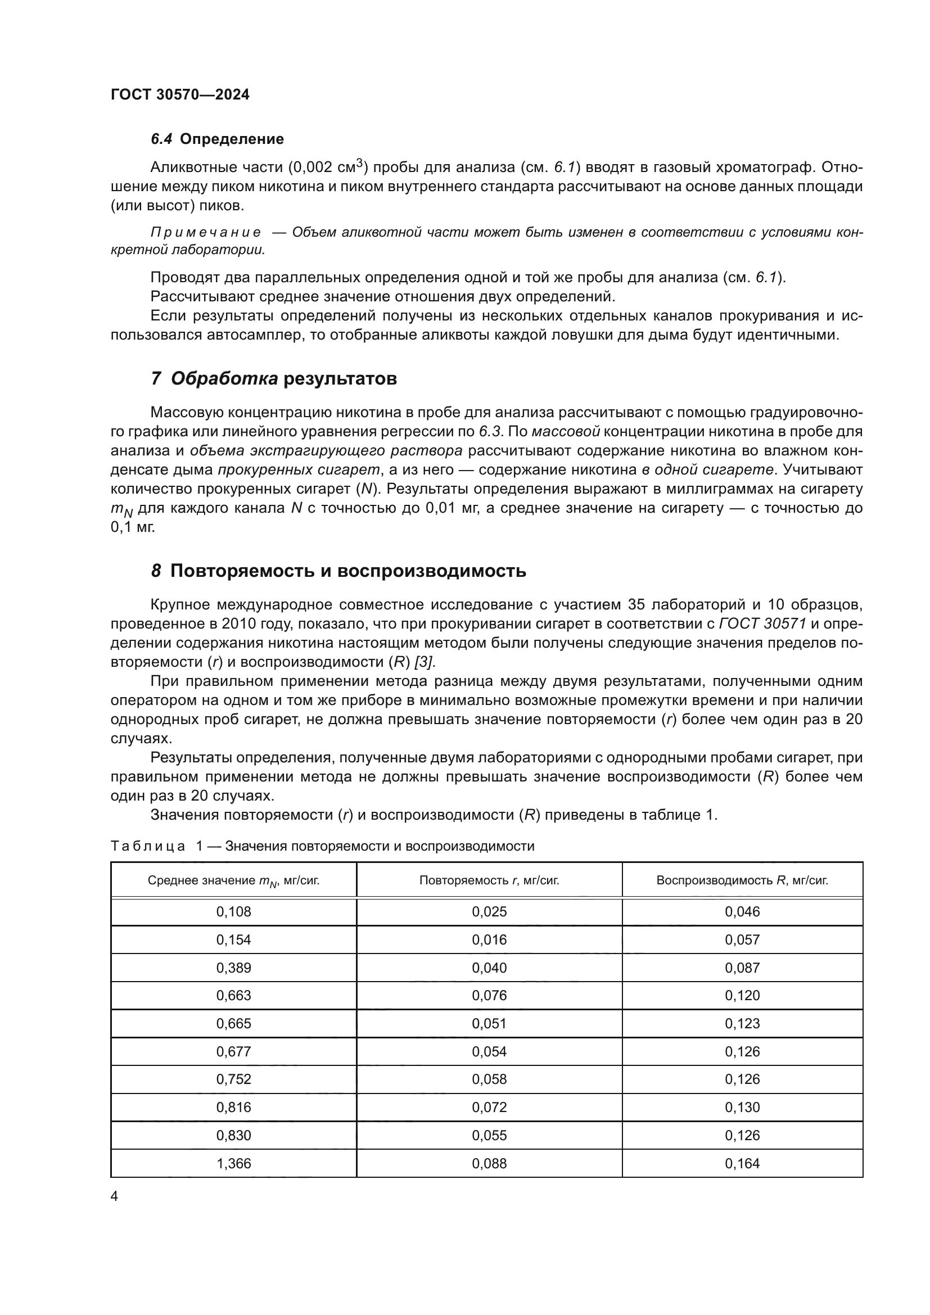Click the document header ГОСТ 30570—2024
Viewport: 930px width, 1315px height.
pyautogui.click(x=180, y=95)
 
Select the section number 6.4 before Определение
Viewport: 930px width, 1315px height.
pyautogui.click(x=161, y=139)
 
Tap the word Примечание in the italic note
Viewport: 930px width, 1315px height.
pyautogui.click(x=206, y=232)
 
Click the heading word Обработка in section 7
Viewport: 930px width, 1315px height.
pyautogui.click(x=224, y=379)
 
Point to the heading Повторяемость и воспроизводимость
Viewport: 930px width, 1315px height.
pyautogui.click(x=348, y=571)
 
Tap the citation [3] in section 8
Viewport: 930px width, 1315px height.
pyautogui.click(x=424, y=662)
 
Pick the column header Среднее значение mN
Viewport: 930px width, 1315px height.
pyautogui.click(x=234, y=881)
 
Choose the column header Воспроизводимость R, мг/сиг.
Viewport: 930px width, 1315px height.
pyautogui.click(x=742, y=880)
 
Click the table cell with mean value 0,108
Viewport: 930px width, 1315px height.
pyautogui.click(x=234, y=912)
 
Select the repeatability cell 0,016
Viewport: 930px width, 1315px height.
pyautogui.click(x=489, y=940)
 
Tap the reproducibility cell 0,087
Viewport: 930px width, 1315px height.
pyautogui.click(x=742, y=968)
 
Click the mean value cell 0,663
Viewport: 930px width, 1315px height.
pyautogui.click(x=234, y=996)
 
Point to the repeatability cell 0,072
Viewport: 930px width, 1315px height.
pyautogui.click(x=489, y=1107)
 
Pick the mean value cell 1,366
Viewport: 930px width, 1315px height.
pyautogui.click(x=234, y=1163)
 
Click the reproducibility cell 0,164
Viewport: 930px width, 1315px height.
pyautogui.click(x=742, y=1163)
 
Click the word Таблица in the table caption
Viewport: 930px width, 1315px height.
pyautogui.click(x=148, y=847)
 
